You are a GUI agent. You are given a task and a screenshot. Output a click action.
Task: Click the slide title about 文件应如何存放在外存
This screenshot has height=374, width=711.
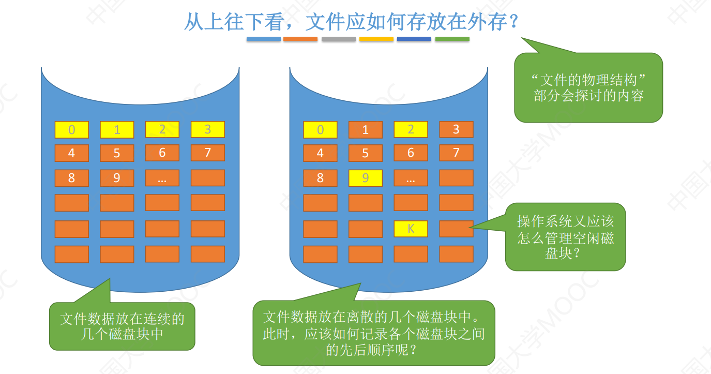[x=351, y=22]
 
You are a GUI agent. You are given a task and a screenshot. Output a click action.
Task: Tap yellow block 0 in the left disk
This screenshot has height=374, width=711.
[x=72, y=129]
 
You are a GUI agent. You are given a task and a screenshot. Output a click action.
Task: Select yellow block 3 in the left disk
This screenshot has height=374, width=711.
[x=207, y=129]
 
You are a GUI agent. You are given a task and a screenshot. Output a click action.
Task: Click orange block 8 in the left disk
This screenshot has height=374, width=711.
[x=72, y=178]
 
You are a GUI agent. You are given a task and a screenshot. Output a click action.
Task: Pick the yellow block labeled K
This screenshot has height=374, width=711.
[x=411, y=228]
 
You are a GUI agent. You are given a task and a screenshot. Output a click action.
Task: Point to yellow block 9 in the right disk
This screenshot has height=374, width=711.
[x=365, y=178]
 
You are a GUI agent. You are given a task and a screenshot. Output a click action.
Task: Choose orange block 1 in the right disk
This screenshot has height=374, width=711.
[x=365, y=129]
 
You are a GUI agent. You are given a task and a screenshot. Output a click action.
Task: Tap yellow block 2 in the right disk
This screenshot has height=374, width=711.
[x=411, y=129]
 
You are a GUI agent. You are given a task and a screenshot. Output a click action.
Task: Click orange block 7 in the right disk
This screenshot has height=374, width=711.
[x=456, y=153]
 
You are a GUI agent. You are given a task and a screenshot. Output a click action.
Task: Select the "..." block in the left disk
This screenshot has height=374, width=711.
[x=162, y=178]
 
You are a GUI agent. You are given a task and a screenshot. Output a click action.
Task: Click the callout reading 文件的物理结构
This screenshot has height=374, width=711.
[x=588, y=87]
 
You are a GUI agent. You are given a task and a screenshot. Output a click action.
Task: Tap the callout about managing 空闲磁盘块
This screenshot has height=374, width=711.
[x=565, y=237]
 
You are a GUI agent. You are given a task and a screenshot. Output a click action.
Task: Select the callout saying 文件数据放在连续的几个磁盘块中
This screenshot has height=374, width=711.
[x=122, y=326]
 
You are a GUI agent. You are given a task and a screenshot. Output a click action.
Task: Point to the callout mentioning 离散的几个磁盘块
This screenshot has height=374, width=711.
[x=373, y=333]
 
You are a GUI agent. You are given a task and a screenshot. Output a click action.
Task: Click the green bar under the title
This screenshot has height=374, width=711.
[x=452, y=39]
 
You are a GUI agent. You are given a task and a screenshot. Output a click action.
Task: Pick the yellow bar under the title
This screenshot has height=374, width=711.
[x=376, y=39]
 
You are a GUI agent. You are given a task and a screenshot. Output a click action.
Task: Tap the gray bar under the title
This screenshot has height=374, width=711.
[x=338, y=39]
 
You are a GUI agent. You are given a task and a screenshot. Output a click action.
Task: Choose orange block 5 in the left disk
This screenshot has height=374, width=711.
[x=117, y=153]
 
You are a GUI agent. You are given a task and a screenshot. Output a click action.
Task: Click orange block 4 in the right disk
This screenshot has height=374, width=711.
[x=320, y=153]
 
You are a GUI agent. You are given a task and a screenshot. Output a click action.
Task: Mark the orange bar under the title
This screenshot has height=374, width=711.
[x=300, y=39]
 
